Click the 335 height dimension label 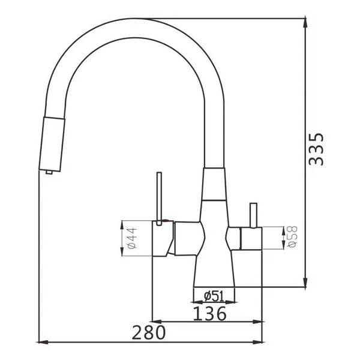coord(316,149)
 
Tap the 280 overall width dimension coord(149,332)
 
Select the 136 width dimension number coord(209,313)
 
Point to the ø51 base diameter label coord(214,296)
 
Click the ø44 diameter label coord(133,238)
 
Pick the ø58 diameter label coord(292,237)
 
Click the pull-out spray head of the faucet coord(52,144)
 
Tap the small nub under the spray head coord(49,172)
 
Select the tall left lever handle coord(159,199)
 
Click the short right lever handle coord(253,215)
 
